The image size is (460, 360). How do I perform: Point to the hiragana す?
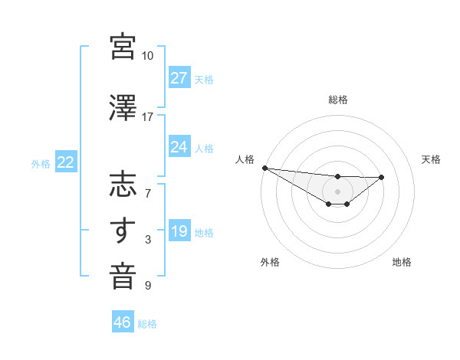[x=123, y=231]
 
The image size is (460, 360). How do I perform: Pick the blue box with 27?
[x=179, y=77]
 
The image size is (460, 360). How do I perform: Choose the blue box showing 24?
[x=179, y=147]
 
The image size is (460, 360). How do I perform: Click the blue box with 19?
[x=179, y=231]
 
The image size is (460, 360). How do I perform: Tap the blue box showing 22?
[x=65, y=162]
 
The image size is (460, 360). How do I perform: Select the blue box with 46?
[x=123, y=322]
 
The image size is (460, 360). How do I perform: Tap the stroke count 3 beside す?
[x=148, y=240]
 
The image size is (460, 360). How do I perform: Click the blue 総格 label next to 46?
[x=148, y=324]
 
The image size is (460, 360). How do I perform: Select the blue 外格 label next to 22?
[x=41, y=163]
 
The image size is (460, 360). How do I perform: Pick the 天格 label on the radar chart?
[x=431, y=159]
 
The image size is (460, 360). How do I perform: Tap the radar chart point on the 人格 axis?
[x=264, y=168]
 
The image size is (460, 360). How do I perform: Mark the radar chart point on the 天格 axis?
[x=382, y=177]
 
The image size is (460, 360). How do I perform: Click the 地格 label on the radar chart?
[x=402, y=262]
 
